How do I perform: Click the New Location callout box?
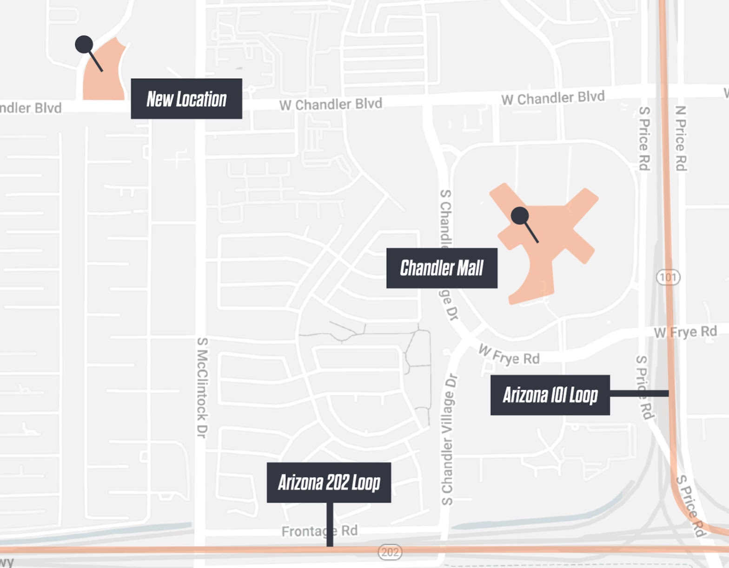186,99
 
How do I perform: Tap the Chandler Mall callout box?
441,268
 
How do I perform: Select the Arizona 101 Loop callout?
550,395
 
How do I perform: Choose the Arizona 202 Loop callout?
328,483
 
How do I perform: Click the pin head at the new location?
84,45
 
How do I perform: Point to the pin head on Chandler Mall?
519,215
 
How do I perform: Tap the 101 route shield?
668,278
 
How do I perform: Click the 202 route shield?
390,552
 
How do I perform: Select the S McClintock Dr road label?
202,388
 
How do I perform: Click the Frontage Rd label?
319,531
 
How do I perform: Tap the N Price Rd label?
681,138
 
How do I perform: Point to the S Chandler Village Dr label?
447,439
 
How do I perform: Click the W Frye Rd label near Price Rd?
685,332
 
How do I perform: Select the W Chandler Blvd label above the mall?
553,98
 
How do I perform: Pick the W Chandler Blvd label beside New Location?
331,104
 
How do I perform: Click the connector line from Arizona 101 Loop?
639,393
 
